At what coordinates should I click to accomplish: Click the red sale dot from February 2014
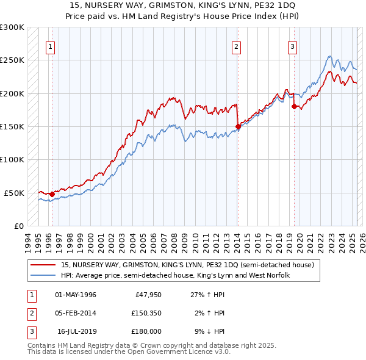pyautogui.click(x=238, y=127)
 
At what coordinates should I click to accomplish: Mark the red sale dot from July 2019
pyautogui.click(x=294, y=107)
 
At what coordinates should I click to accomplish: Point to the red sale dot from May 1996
pyautogui.click(x=52, y=194)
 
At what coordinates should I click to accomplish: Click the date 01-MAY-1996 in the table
pyautogui.click(x=76, y=295)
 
